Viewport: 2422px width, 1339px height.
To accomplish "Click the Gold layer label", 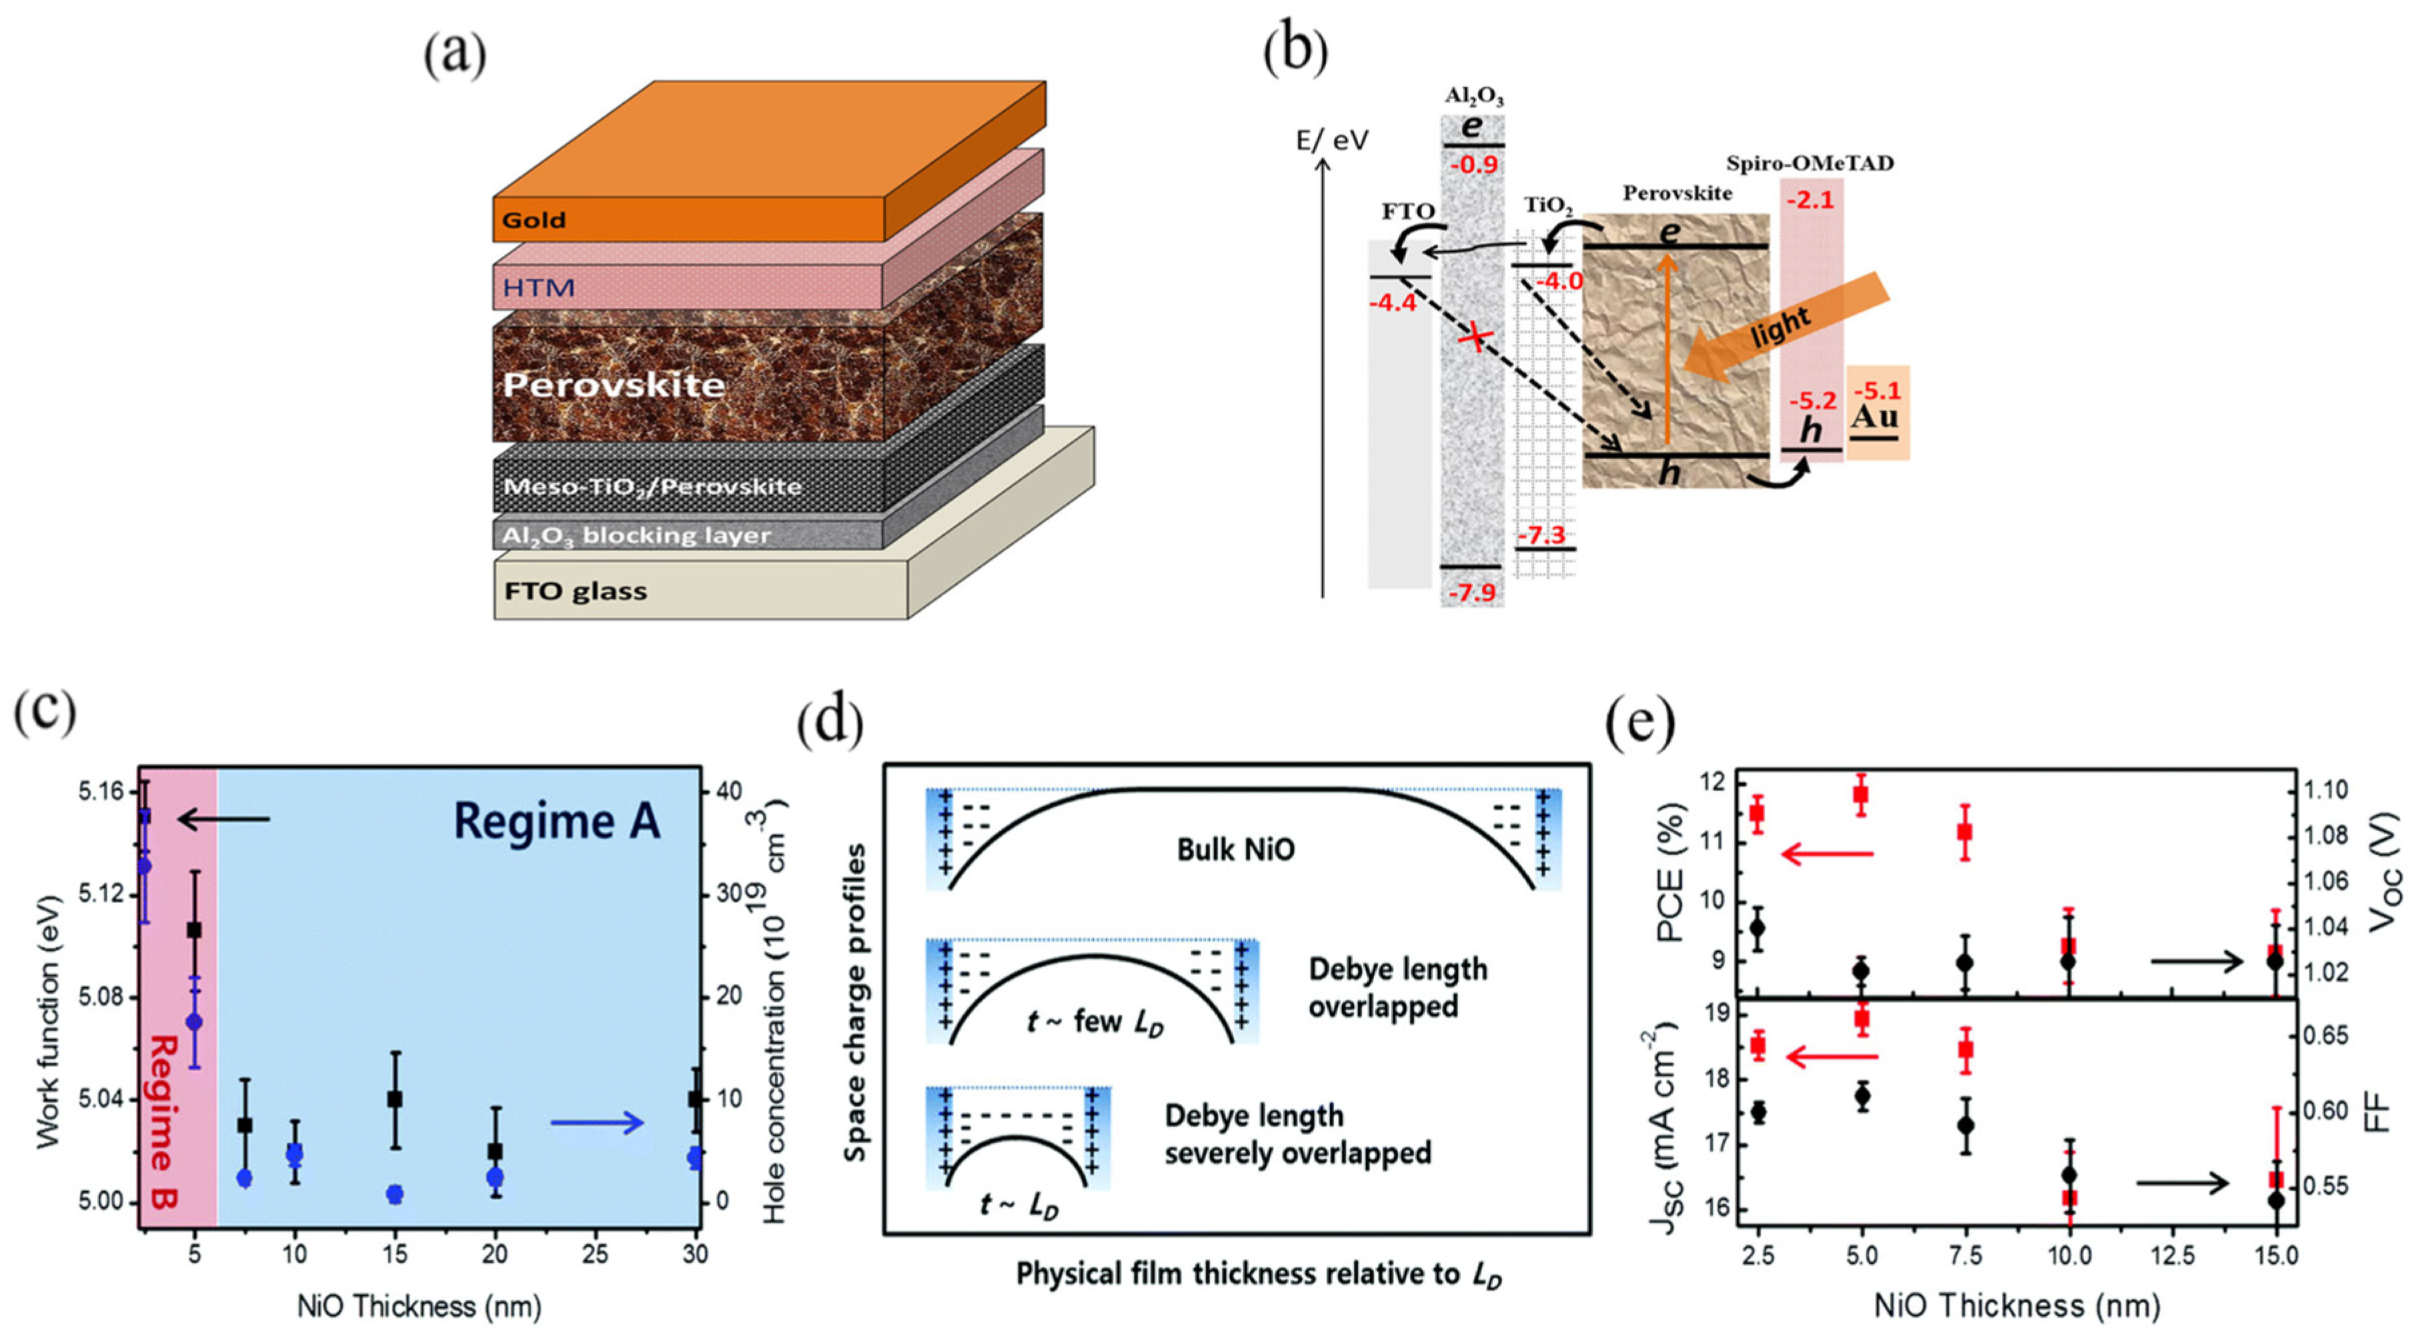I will coord(534,220).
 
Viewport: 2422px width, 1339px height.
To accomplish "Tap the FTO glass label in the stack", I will coord(575,591).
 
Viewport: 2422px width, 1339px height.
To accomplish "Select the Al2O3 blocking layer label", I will coord(637,535).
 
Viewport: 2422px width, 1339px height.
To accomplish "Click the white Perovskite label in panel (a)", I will coord(614,385).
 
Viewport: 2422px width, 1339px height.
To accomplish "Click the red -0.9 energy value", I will coord(1473,165).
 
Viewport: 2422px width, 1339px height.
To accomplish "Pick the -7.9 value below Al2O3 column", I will coord(1473,593).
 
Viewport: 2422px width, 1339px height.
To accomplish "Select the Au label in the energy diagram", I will coord(1874,417).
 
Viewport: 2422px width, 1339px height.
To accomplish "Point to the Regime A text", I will coord(557,821).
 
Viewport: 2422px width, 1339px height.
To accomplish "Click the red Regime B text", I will coord(165,1121).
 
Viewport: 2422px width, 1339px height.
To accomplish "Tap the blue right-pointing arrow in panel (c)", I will coord(598,1122).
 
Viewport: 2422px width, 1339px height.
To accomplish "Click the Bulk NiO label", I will coord(1235,850).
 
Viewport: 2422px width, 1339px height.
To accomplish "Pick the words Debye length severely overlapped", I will coord(1297,1134).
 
